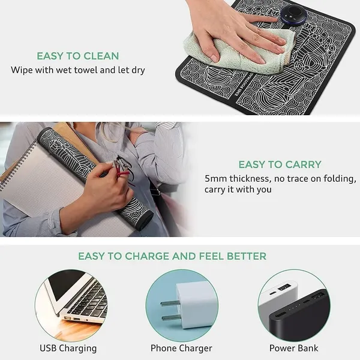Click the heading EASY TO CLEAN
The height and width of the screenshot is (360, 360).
[x=78, y=56]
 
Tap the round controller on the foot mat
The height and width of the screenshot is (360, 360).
[x=293, y=14]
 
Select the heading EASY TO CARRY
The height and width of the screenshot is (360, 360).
[x=280, y=164]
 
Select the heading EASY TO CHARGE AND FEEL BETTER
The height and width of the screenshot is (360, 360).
[x=172, y=256]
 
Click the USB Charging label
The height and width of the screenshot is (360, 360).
[x=68, y=348]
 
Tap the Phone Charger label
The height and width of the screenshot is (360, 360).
[x=181, y=348]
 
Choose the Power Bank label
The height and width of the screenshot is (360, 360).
[x=294, y=348]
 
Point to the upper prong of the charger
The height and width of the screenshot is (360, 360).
[x=169, y=303]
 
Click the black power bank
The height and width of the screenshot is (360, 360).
[x=299, y=317]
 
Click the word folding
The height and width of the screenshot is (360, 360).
[x=340, y=179]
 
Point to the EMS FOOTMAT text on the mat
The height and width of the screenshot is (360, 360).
[x=244, y=85]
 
